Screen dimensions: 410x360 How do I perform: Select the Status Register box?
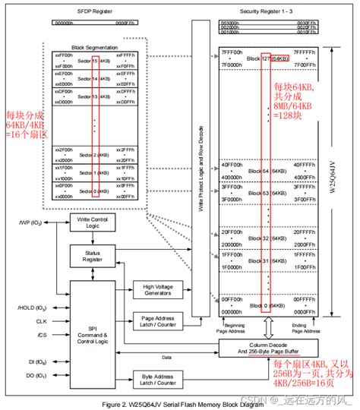pos(92,255)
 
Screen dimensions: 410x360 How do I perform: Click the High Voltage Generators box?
pos(159,289)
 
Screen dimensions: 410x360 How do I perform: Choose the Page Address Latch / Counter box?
pos(159,322)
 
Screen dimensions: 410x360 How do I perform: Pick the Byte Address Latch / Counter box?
pos(159,377)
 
